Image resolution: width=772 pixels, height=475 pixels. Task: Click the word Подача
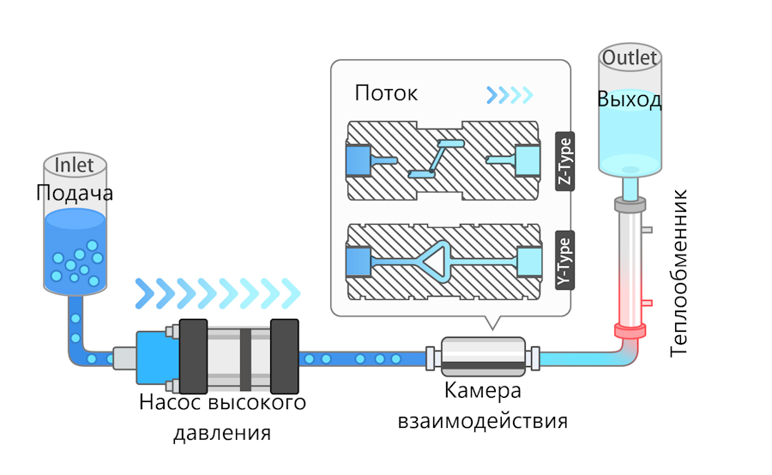tap(75, 193)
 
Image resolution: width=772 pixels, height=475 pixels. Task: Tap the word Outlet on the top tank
tap(630, 58)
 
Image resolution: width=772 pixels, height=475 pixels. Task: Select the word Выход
tap(630, 99)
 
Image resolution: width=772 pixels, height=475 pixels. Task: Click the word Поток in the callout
tap(386, 93)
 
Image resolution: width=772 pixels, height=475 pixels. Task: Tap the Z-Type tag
tap(564, 161)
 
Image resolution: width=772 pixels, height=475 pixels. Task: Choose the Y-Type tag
tap(564, 258)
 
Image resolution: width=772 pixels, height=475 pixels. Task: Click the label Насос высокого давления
tap(222, 417)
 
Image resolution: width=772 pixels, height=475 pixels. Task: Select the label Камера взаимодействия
tap(482, 406)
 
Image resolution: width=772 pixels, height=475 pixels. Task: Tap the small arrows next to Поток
tap(510, 93)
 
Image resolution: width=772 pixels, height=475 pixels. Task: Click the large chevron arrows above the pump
tap(219, 292)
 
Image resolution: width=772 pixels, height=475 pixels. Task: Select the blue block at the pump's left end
tap(155, 356)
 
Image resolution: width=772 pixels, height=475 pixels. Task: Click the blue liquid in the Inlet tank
tap(75, 253)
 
